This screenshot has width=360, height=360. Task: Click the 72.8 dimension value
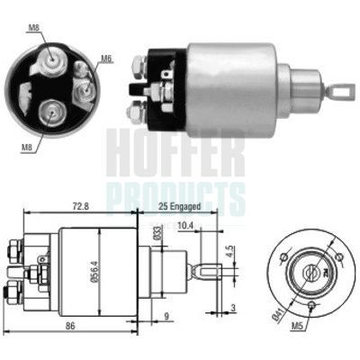pos(82,206)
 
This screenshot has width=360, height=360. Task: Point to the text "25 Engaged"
pos(169,206)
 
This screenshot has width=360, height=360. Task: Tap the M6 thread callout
pos(106,59)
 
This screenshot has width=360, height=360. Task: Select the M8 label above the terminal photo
pos(33,28)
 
